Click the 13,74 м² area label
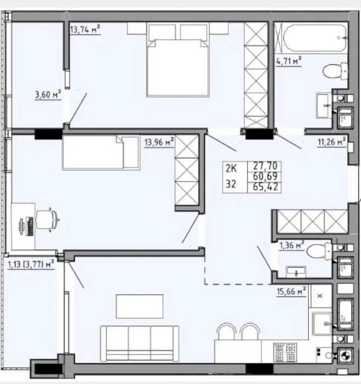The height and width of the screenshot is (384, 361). pos(85,30)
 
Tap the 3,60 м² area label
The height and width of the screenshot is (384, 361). pos(48,94)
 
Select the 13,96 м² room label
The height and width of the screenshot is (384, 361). pos(159,142)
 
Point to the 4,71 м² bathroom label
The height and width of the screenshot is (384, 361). pos(289,61)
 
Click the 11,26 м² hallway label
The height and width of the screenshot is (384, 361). pos(332,142)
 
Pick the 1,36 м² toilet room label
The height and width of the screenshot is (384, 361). pos(292,245)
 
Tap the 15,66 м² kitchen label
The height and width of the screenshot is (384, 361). pos(291,291)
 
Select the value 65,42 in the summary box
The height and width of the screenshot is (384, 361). pos(265,187)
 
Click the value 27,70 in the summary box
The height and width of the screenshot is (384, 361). pos(265,166)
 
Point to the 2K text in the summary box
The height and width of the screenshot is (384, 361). pos(231,168)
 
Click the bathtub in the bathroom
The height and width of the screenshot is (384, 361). pos(314,38)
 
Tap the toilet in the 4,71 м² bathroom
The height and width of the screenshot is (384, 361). pos(335,71)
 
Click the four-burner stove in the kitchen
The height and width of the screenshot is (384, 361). pos(285,352)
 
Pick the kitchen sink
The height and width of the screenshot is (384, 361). pos(322,324)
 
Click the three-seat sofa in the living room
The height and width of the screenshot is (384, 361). pos(140,343)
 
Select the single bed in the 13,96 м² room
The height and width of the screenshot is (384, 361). pos(101,153)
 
